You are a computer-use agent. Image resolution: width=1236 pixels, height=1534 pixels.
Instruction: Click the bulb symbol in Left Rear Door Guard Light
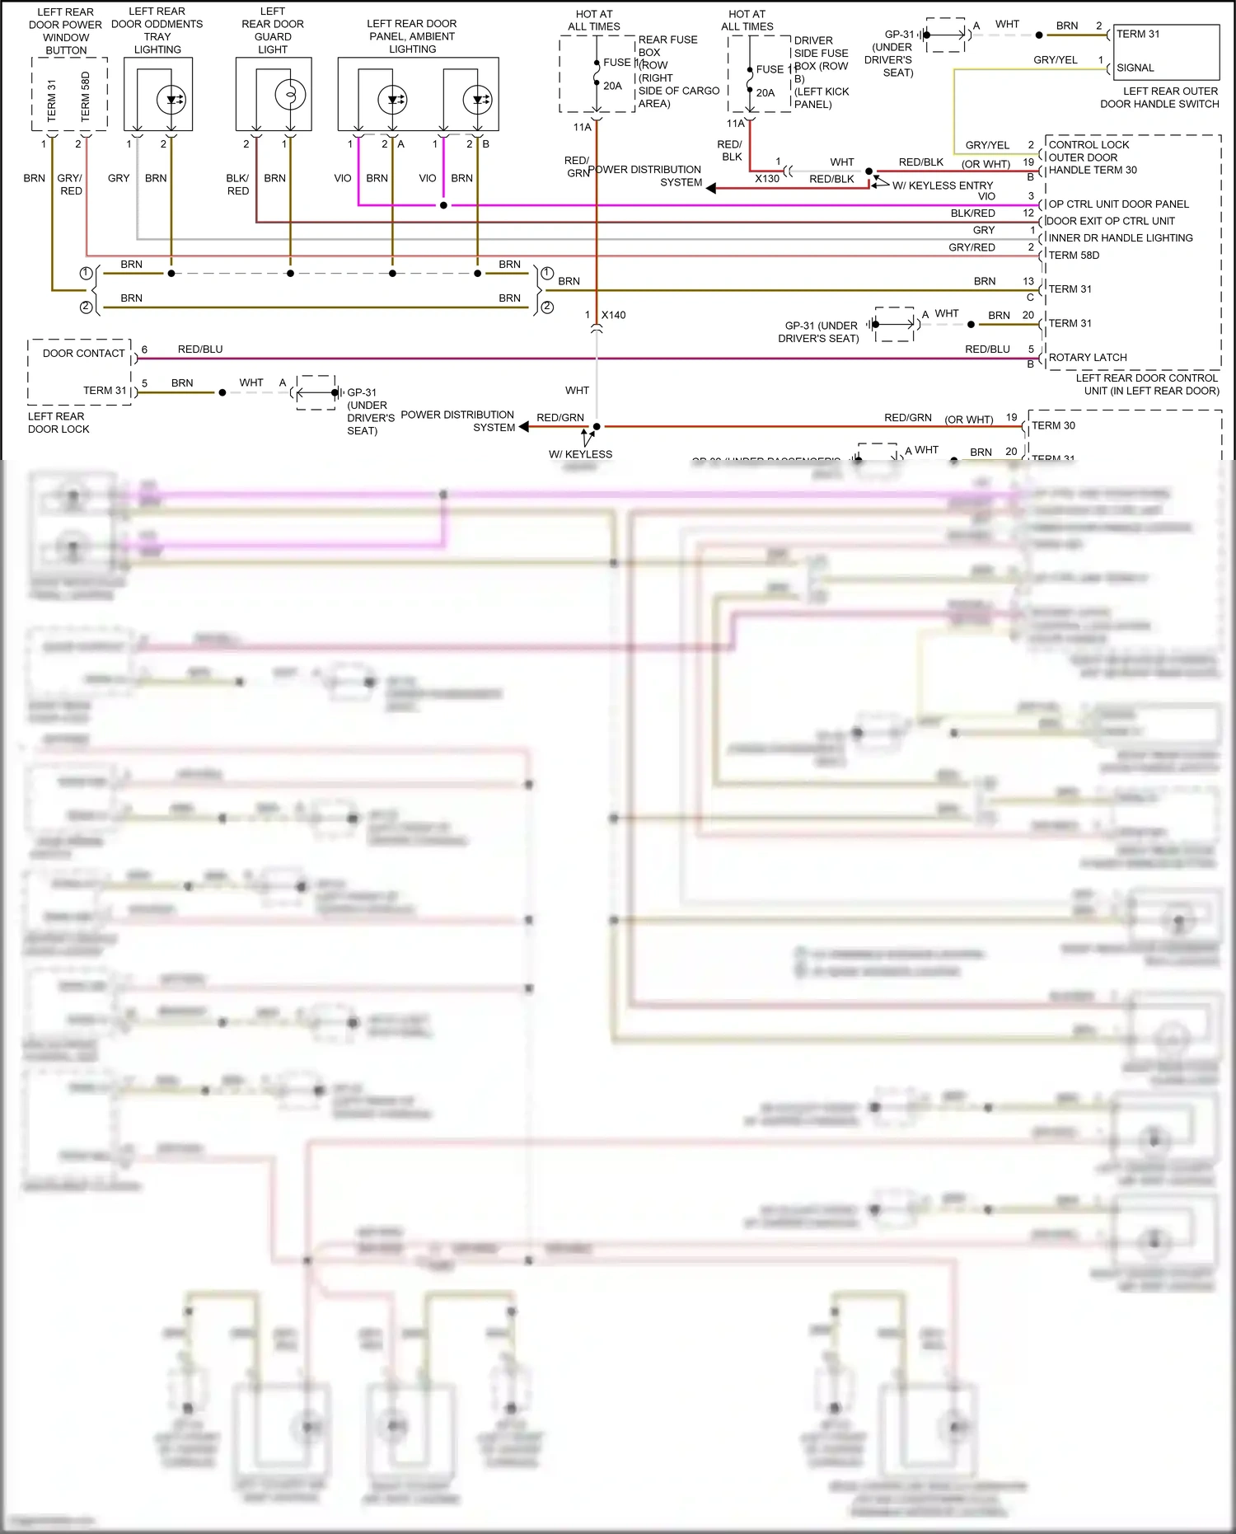[290, 95]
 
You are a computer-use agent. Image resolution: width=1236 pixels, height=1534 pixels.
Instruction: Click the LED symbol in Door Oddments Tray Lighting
[171, 100]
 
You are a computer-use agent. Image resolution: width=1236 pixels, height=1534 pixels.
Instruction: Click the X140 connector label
[613, 315]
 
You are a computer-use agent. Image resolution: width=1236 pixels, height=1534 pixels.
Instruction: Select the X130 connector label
[766, 178]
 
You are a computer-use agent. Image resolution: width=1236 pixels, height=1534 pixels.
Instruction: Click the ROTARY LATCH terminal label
[1087, 357]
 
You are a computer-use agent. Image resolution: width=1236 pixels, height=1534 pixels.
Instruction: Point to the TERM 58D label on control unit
[1073, 255]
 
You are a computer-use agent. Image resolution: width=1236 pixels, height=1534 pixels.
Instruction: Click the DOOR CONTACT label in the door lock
[83, 353]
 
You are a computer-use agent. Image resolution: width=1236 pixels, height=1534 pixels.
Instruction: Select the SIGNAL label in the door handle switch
[1135, 68]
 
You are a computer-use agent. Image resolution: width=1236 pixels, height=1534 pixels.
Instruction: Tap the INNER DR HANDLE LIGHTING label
[1120, 237]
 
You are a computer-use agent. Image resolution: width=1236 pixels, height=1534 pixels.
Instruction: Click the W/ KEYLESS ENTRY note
[942, 185]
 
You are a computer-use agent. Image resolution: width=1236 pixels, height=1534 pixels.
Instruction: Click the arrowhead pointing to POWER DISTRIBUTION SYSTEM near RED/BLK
[711, 188]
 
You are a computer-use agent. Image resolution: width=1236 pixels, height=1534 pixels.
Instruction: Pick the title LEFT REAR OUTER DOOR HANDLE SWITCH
[1159, 97]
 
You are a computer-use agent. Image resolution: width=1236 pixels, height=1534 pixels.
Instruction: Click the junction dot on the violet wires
[443, 205]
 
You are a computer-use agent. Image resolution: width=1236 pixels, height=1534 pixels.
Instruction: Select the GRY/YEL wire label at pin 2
[986, 145]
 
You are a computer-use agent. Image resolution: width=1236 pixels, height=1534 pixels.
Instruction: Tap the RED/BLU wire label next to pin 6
[200, 349]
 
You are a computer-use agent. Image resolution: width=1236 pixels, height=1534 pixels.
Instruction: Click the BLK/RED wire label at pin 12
[972, 213]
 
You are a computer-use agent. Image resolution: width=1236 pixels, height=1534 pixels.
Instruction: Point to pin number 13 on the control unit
[1028, 281]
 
